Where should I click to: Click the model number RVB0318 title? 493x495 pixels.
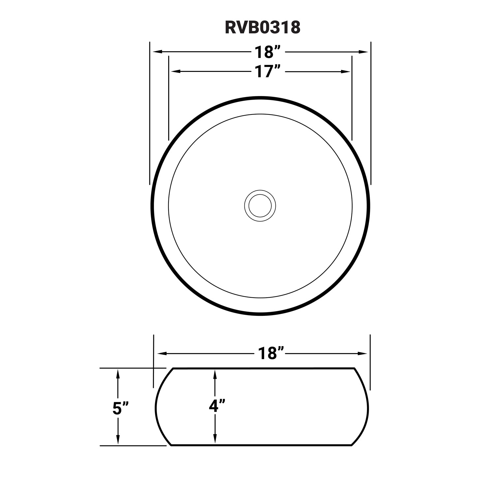(262, 28)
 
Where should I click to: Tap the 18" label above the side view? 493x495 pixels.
(271, 353)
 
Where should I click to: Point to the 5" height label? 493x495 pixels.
(119, 408)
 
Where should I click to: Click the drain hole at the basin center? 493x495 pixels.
(260, 206)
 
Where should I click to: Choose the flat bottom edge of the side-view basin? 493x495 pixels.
(264, 446)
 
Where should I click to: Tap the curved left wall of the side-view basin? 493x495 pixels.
(156, 407)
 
